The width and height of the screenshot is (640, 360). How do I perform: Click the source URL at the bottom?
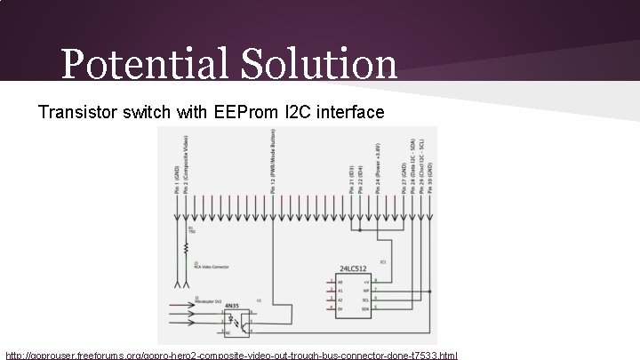[x=231, y=355]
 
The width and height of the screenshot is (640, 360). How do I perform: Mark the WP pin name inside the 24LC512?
[x=365, y=290]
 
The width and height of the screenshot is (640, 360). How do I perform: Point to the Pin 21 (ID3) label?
[x=353, y=179]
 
